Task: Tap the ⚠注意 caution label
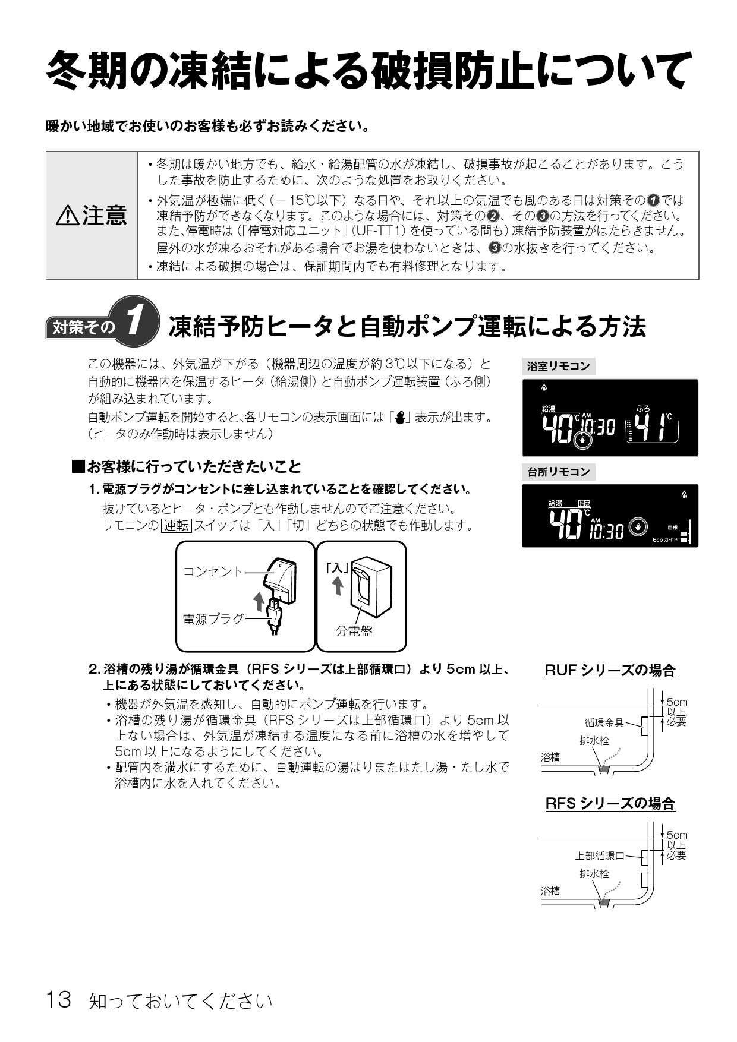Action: [x=92, y=215]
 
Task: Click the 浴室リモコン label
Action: [x=559, y=367]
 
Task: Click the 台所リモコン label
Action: [x=559, y=472]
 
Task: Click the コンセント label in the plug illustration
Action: [x=213, y=571]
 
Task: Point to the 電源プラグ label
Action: [x=213, y=619]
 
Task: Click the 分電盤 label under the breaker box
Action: [x=354, y=631]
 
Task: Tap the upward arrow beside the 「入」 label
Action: [x=338, y=586]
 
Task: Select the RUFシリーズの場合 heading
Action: [x=610, y=671]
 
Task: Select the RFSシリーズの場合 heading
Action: [x=610, y=804]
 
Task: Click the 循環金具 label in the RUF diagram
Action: [x=604, y=722]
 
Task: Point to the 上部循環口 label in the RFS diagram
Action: [x=599, y=855]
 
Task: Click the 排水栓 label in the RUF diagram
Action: [x=594, y=741]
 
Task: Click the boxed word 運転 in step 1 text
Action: [x=177, y=526]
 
